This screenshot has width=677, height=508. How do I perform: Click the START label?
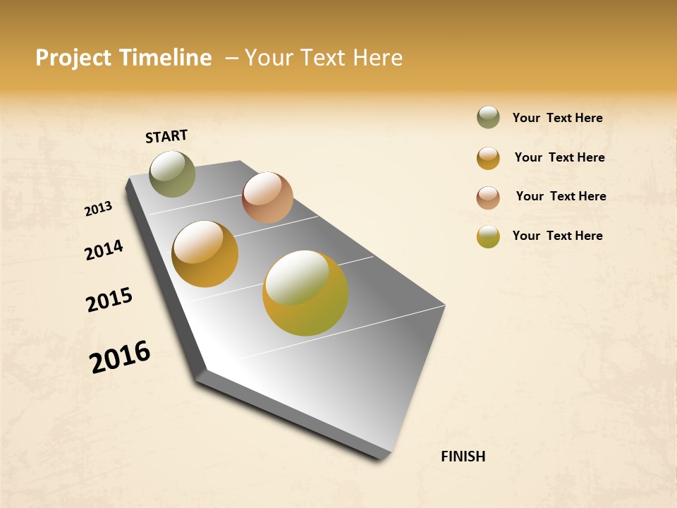click(x=166, y=136)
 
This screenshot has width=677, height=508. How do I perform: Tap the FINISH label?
click(x=463, y=456)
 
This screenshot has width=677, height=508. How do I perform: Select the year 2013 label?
click(x=99, y=209)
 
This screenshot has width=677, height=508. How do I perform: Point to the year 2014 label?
click(x=104, y=250)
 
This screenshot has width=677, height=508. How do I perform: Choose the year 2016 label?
click(x=120, y=357)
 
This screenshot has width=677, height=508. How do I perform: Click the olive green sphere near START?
click(x=172, y=174)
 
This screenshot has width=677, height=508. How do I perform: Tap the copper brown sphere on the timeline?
click(x=267, y=198)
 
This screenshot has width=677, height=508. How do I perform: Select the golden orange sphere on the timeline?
click(x=205, y=254)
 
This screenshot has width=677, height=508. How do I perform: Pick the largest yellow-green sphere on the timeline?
click(x=305, y=293)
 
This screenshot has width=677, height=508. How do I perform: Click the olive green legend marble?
click(x=488, y=118)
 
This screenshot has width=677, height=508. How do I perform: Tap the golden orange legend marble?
click(x=488, y=158)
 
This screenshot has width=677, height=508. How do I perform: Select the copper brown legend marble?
click(x=488, y=198)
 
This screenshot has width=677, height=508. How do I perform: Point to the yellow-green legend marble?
click(x=488, y=236)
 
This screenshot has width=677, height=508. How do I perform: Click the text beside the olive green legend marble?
click(x=557, y=119)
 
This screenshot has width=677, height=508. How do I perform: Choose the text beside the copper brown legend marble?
click(x=561, y=196)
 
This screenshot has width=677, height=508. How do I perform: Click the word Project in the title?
click(x=74, y=58)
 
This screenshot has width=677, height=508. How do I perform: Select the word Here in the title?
click(x=377, y=58)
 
